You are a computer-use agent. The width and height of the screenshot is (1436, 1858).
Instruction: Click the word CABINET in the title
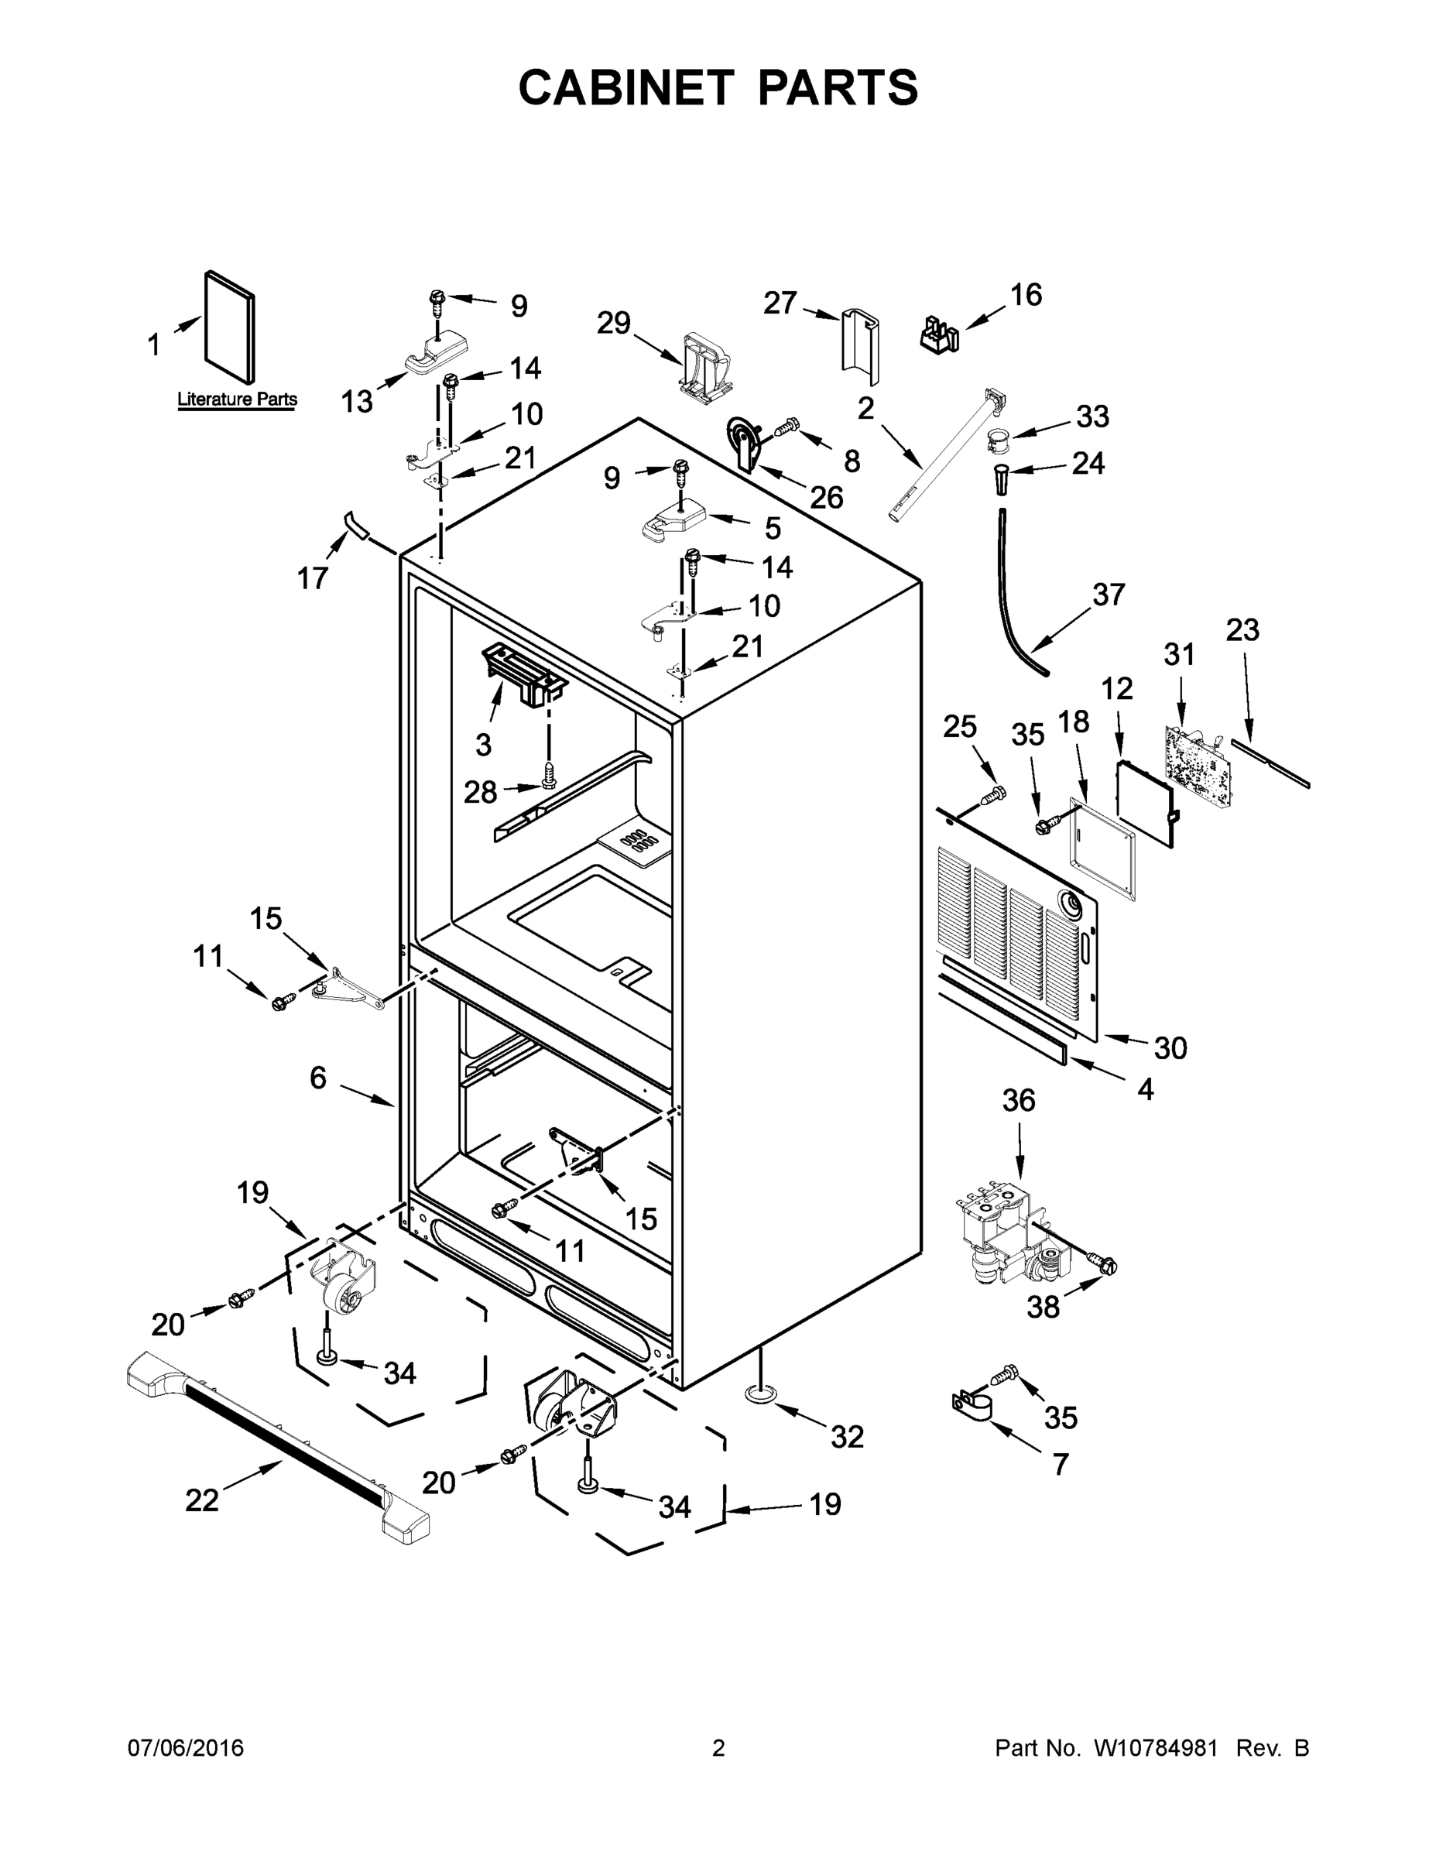[x=625, y=87]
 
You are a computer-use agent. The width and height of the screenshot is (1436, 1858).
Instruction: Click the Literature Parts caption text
[x=237, y=399]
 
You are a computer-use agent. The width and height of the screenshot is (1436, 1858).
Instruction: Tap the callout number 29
[x=613, y=324]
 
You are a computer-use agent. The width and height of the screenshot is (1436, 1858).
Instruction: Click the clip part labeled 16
[x=940, y=334]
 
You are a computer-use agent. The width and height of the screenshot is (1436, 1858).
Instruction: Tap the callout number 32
[x=848, y=1436]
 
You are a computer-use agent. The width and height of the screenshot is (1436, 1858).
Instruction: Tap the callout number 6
[x=317, y=1078]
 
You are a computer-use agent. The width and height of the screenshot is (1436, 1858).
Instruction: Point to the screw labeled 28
[x=550, y=773]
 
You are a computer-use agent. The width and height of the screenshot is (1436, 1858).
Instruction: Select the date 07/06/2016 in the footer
[x=186, y=1749]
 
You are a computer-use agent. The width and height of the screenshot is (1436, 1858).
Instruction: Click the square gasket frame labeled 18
[x=1102, y=850]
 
